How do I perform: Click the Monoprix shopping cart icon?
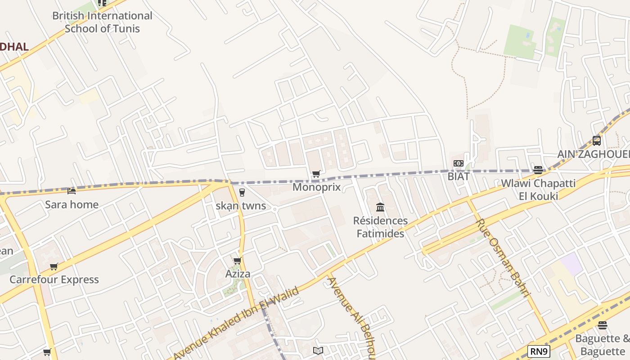(x=316, y=174)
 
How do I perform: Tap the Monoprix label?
(x=316, y=187)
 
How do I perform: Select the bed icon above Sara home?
(x=71, y=191)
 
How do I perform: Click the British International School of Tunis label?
(x=102, y=22)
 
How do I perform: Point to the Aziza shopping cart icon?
(x=237, y=261)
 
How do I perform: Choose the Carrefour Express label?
(x=54, y=279)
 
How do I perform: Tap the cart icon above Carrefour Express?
(x=54, y=266)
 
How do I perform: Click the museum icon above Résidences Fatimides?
(x=380, y=207)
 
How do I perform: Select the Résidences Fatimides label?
(x=380, y=227)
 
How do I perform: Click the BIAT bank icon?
(x=459, y=163)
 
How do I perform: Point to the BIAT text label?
(x=459, y=176)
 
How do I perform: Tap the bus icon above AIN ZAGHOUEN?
(x=597, y=140)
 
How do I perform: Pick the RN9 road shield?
(x=539, y=351)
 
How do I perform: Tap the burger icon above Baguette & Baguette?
(x=603, y=325)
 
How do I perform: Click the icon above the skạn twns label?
(x=242, y=193)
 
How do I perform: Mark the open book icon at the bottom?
(x=318, y=351)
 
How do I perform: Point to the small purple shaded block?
(x=572, y=263)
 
